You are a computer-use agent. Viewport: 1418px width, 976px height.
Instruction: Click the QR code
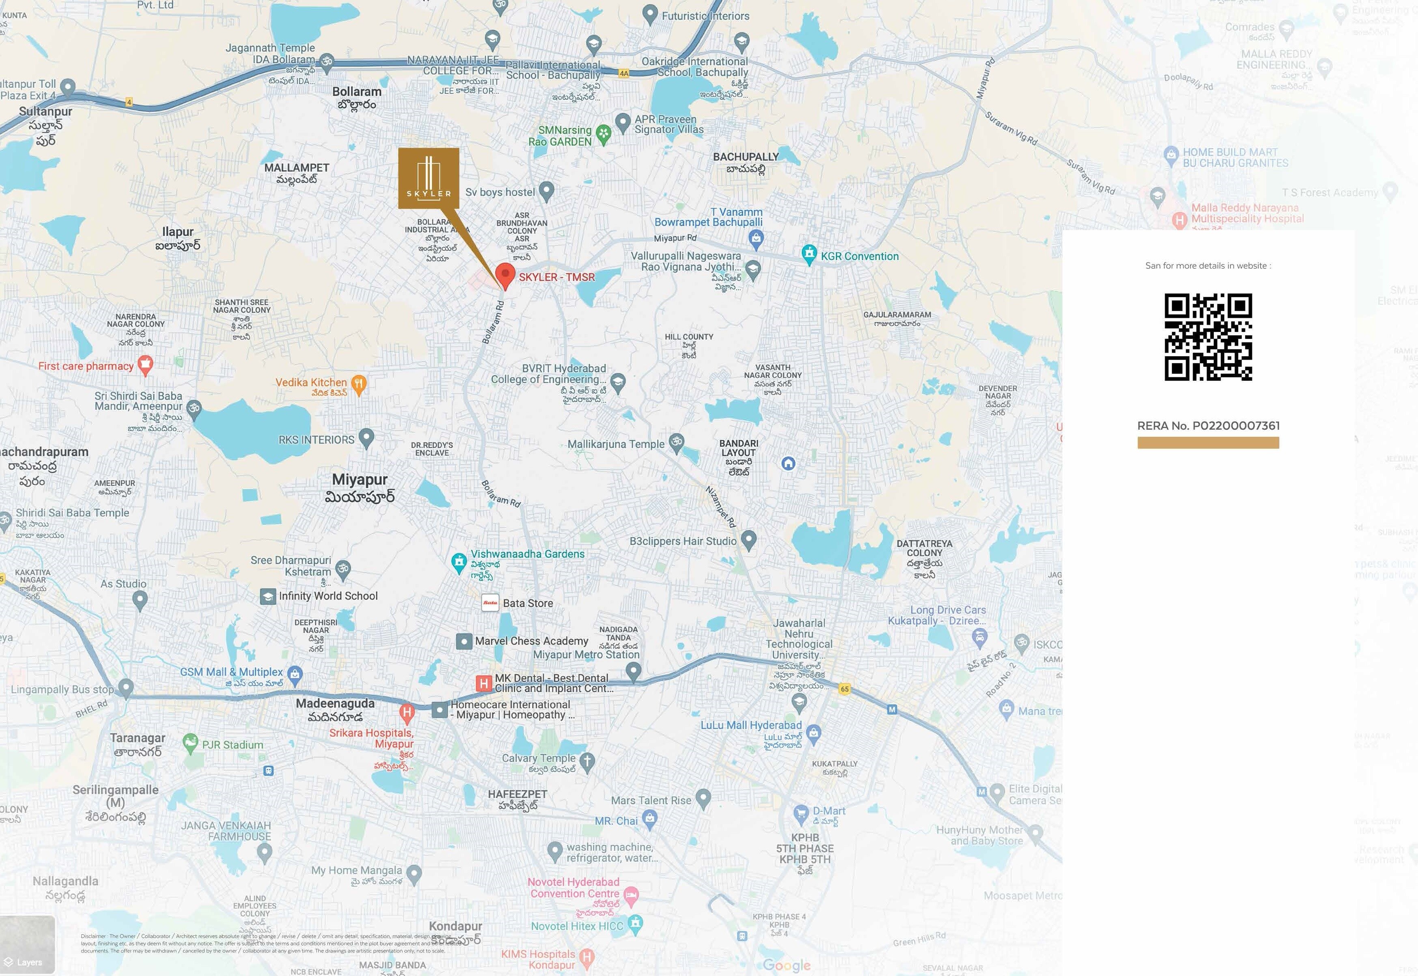click(x=1208, y=337)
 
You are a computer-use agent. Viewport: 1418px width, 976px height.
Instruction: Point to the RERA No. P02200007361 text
click(x=1208, y=426)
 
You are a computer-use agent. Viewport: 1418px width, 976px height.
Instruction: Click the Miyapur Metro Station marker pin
click(x=633, y=672)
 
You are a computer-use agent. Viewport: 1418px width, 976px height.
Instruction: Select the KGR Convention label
click(x=859, y=256)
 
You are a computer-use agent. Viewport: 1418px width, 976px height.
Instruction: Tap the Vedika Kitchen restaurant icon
click(x=359, y=384)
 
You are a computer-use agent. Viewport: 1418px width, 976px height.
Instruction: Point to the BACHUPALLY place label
click(x=746, y=157)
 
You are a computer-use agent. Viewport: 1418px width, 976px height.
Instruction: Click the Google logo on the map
click(x=787, y=965)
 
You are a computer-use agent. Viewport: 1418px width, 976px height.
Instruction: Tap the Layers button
click(x=28, y=961)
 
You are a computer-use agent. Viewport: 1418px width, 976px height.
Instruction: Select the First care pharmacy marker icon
click(x=145, y=366)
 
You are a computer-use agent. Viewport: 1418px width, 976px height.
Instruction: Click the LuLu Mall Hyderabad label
click(x=751, y=725)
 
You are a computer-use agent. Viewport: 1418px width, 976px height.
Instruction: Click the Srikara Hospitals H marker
click(x=407, y=712)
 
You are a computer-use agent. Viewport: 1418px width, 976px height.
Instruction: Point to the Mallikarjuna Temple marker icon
click(x=676, y=443)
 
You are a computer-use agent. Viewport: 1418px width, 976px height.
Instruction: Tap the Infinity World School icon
click(x=268, y=596)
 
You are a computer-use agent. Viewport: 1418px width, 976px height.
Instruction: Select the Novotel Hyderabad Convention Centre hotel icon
click(x=631, y=896)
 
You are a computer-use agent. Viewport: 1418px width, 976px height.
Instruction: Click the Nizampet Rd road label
click(x=721, y=506)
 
